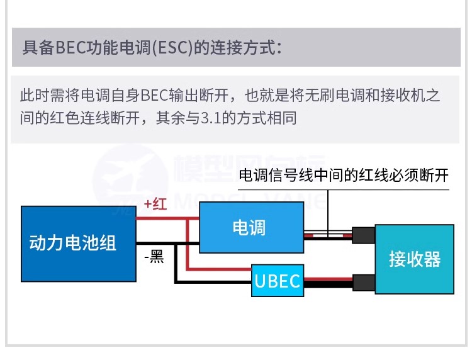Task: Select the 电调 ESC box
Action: (249, 227)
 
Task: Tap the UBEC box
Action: (276, 280)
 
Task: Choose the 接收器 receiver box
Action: (414, 258)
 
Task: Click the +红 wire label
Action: (155, 204)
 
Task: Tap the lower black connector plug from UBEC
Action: (363, 281)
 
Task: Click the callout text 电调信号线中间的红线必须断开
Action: (344, 174)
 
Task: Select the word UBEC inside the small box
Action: (276, 280)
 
